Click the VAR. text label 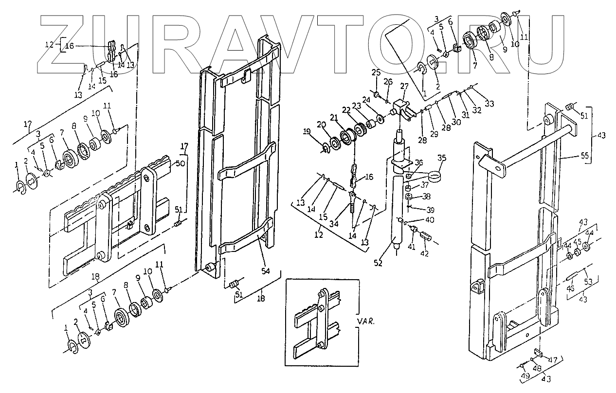[365, 322]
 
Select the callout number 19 [307, 131]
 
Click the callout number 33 [489, 104]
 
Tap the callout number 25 [375, 72]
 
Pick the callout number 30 [456, 122]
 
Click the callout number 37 [425, 185]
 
